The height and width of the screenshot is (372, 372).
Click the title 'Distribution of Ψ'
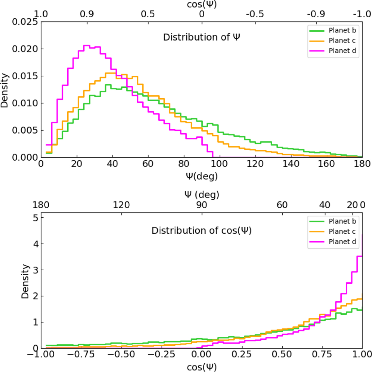[x=201, y=37]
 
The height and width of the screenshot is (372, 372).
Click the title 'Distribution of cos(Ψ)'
[x=201, y=231]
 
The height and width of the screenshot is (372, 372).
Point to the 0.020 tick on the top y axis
[x=25, y=49]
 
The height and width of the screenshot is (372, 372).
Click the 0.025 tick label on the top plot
[x=25, y=22]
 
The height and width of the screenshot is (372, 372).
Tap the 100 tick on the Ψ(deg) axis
[x=219, y=164]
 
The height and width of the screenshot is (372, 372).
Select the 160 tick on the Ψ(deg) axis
[x=327, y=164]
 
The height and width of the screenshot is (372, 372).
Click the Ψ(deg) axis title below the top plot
[x=202, y=176]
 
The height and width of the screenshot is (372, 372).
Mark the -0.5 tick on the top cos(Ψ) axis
[x=255, y=14]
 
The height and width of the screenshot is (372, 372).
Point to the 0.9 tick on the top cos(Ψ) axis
[x=87, y=14]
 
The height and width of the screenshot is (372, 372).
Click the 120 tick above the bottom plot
[x=121, y=205]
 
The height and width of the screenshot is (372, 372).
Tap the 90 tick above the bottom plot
[x=202, y=205]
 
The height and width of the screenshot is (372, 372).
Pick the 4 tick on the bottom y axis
[x=36, y=244]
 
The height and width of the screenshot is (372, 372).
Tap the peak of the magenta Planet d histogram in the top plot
[x=87, y=46]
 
